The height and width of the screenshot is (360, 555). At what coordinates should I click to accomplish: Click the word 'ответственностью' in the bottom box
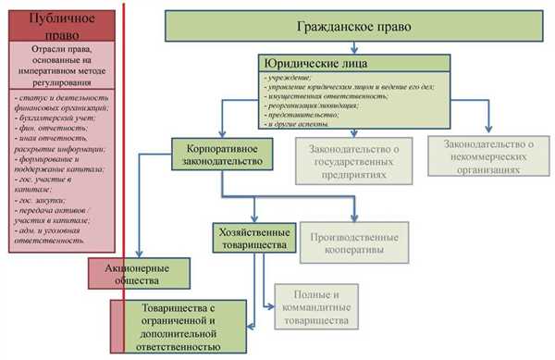pos(181,345)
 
